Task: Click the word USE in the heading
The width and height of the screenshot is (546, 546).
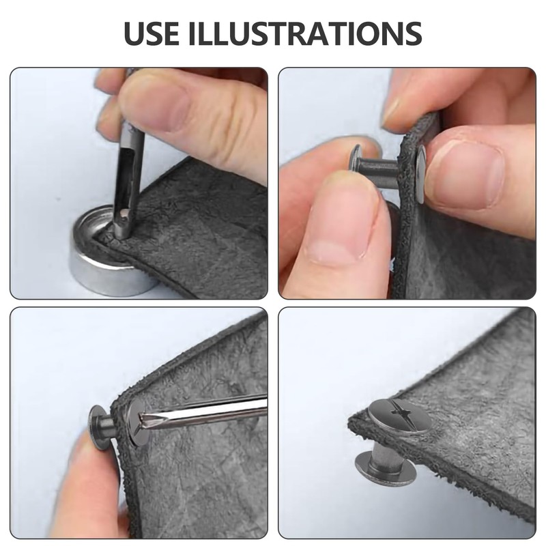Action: tap(152, 33)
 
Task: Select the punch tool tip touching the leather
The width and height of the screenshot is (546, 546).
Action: tap(122, 227)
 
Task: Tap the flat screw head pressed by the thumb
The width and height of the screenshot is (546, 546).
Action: tap(421, 174)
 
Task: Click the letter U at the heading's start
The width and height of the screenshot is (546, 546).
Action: tap(133, 33)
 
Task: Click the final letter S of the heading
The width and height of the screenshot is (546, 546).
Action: tap(414, 33)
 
